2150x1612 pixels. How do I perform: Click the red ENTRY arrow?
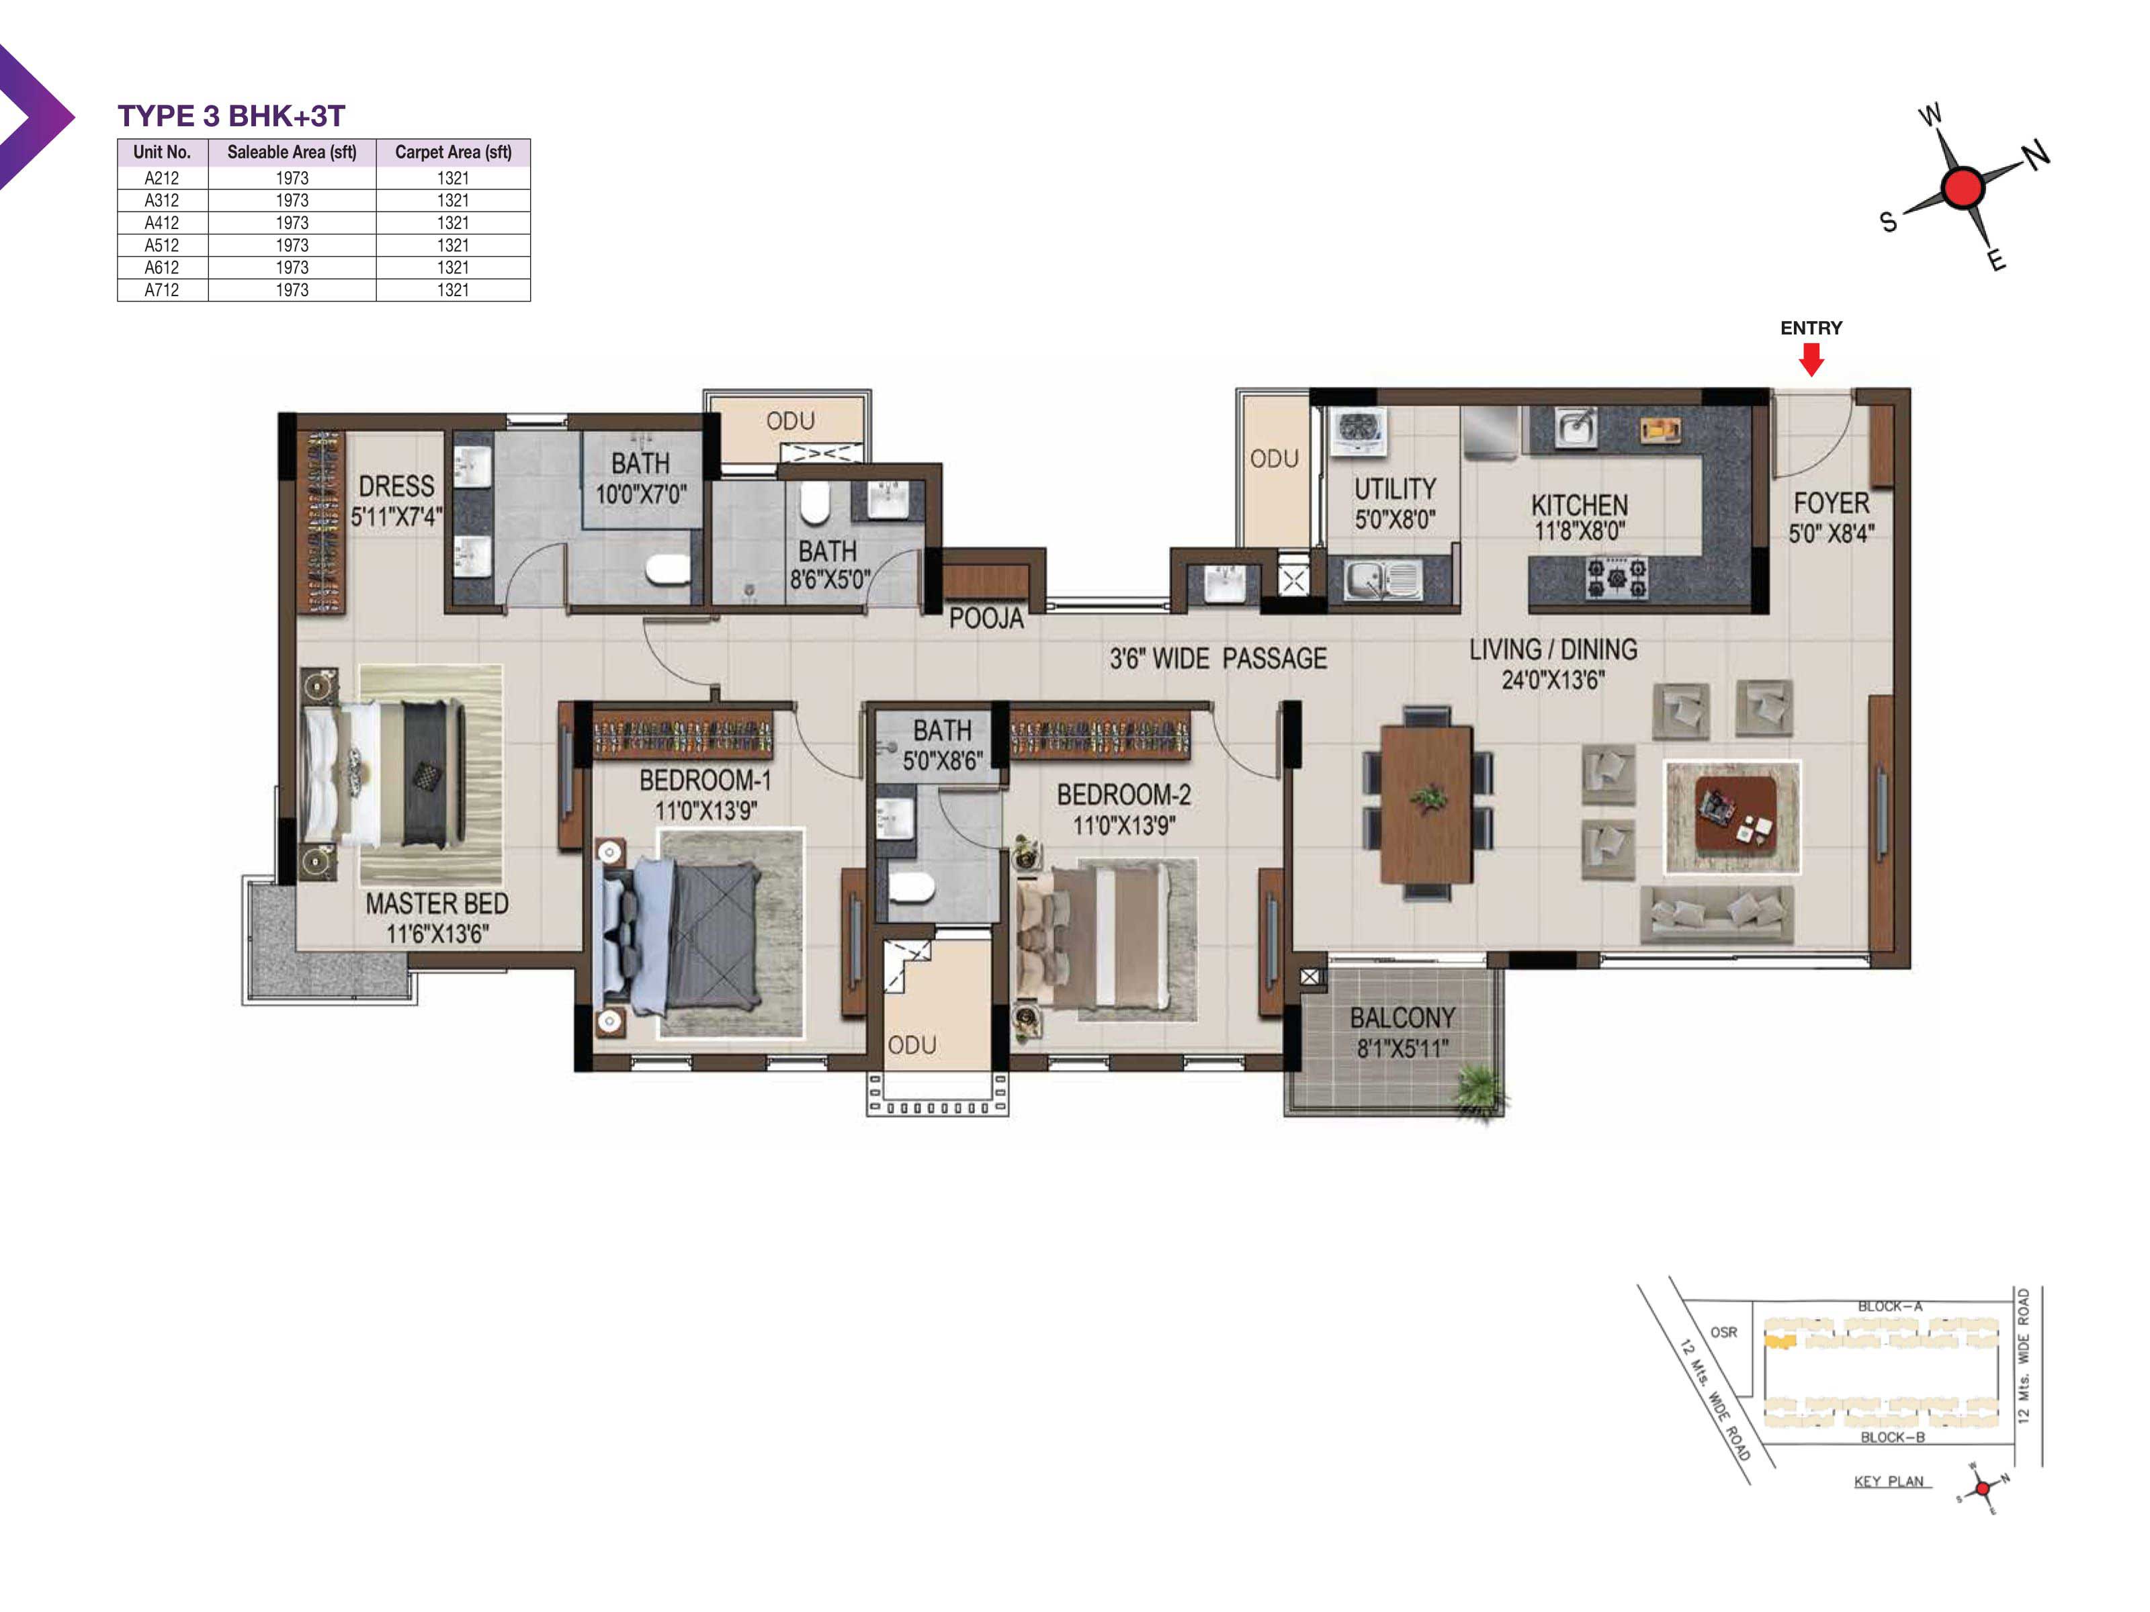(1811, 359)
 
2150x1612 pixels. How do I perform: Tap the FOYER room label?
(1831, 503)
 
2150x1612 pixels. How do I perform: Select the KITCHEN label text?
(1580, 505)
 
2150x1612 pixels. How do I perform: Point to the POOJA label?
(986, 618)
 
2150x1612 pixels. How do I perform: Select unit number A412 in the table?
(161, 222)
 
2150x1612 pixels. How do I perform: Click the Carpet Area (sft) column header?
(453, 152)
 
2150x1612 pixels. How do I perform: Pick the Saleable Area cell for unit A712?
(292, 289)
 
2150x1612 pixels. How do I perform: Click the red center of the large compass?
(1963, 187)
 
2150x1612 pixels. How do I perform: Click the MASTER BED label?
(437, 903)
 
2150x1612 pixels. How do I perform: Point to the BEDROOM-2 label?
(1123, 795)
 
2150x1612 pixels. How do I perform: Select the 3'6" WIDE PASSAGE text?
(1218, 659)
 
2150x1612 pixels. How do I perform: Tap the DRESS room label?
(396, 486)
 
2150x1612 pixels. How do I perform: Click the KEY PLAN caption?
(1889, 1482)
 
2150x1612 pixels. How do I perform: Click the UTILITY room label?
(1395, 489)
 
